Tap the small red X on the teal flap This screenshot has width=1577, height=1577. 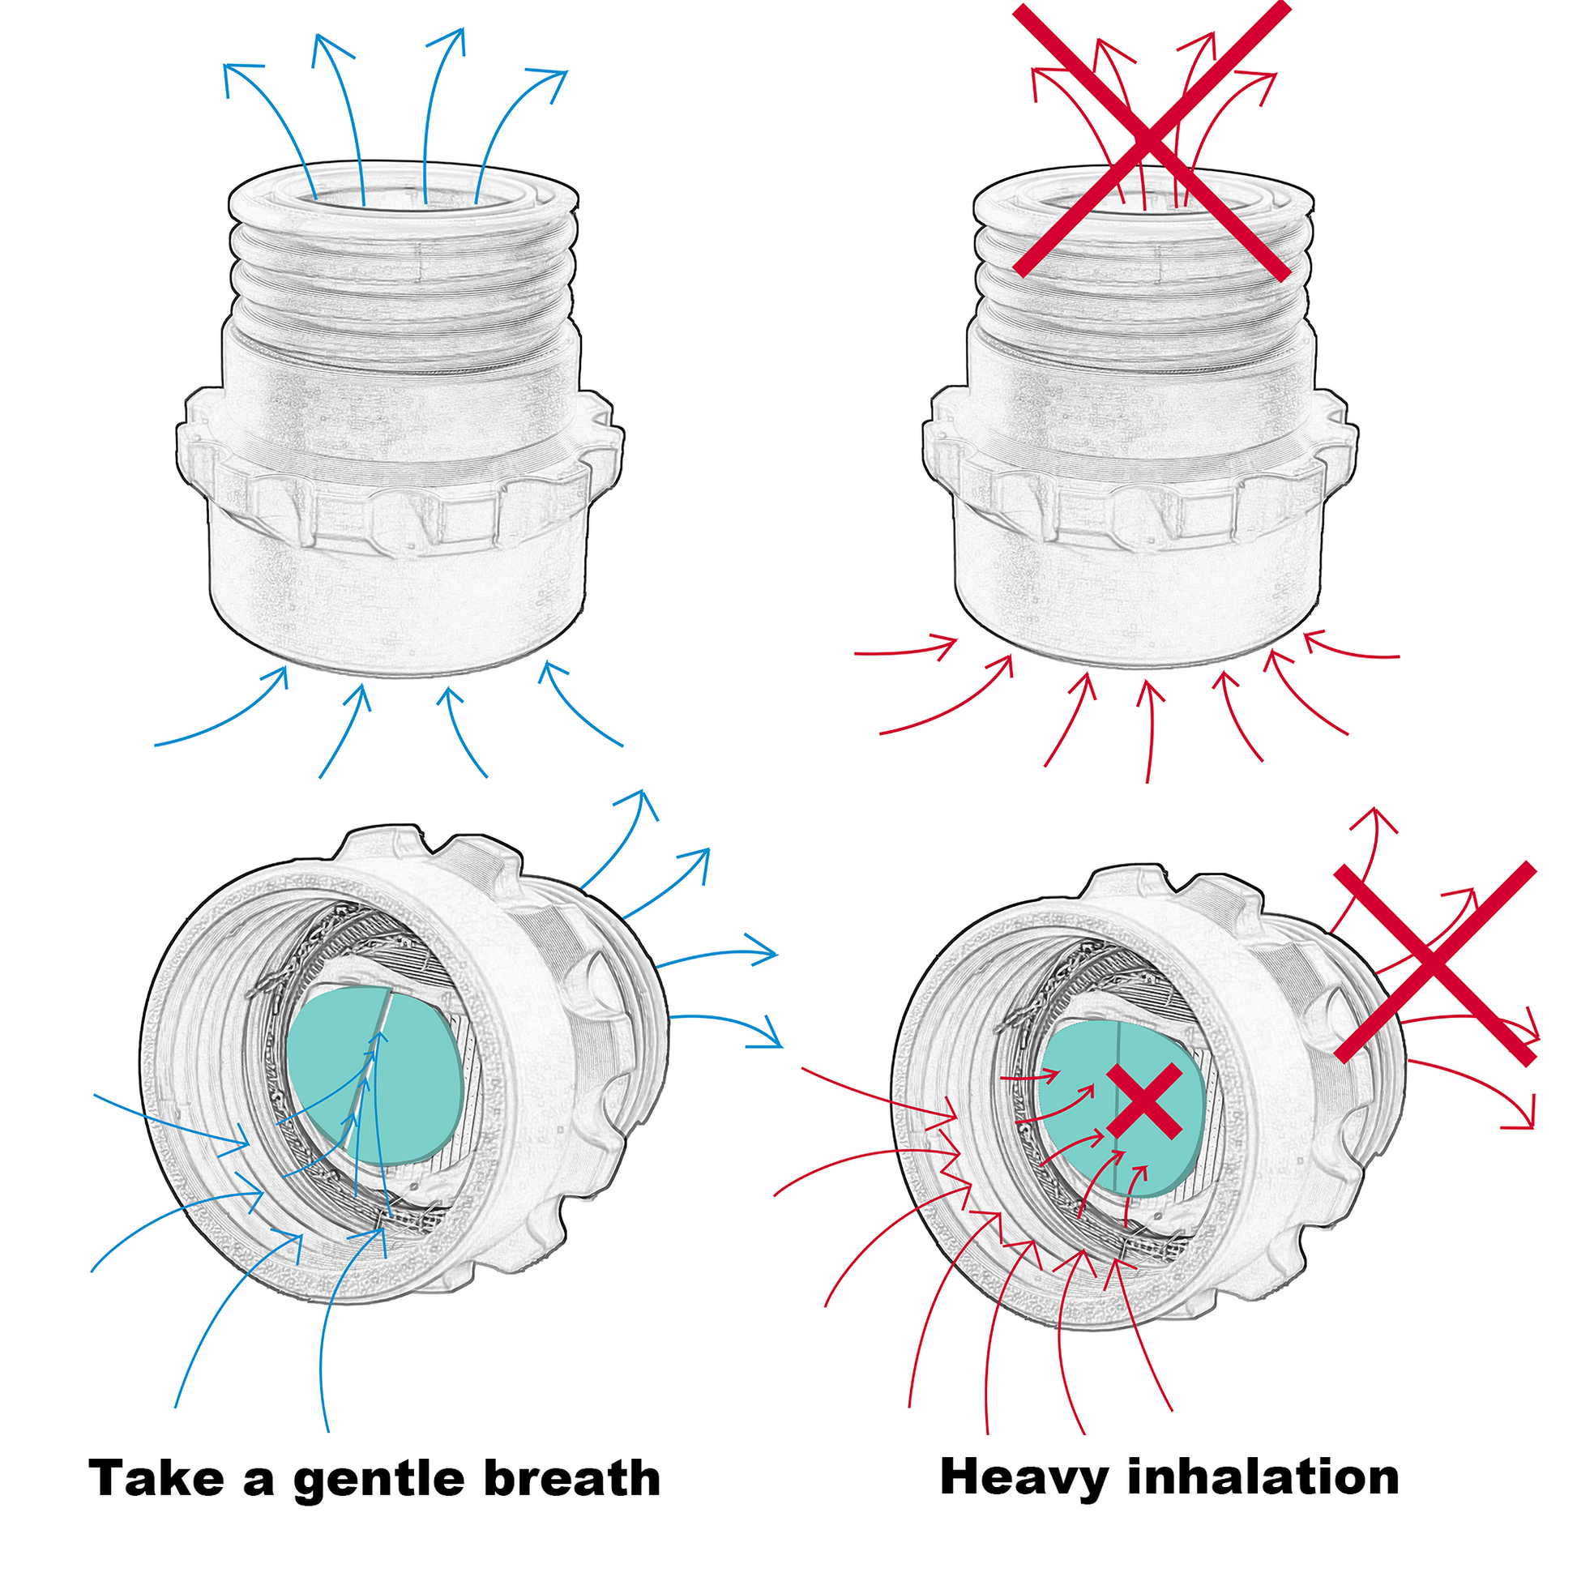click(x=1145, y=1101)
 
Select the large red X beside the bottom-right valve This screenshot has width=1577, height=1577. click(x=1435, y=964)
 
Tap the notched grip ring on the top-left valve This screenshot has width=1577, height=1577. click(x=400, y=506)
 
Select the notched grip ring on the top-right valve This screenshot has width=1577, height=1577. click(x=1143, y=506)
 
